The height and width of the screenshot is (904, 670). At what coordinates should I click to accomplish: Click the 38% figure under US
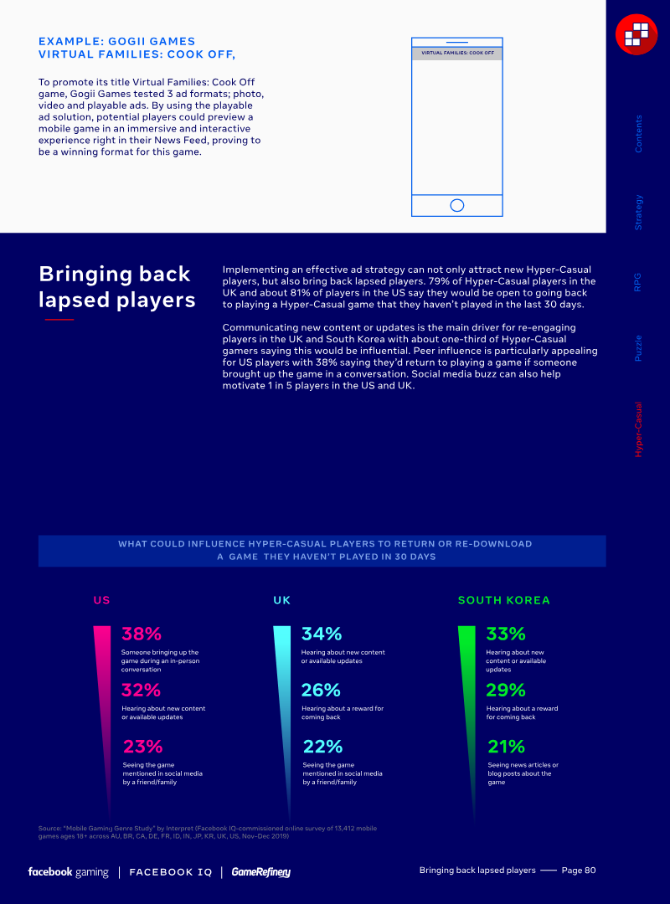[x=142, y=634]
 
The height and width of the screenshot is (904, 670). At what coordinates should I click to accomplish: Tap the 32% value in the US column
[x=141, y=690]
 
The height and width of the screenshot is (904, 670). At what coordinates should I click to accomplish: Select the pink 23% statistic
[x=142, y=746]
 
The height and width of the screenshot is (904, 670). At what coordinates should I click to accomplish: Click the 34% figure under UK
[x=322, y=634]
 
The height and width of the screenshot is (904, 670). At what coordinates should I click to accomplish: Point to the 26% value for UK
[x=321, y=690]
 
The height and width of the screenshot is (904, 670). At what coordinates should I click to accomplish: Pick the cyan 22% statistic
[x=322, y=746]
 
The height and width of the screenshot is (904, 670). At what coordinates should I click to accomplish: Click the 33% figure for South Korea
[x=506, y=634]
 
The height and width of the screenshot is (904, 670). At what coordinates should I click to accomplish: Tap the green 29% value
[x=506, y=690]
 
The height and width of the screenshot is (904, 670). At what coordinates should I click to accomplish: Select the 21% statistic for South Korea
[x=507, y=746]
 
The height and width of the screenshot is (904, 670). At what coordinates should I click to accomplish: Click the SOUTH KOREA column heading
[x=504, y=600]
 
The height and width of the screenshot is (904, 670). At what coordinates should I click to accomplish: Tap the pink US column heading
[x=101, y=600]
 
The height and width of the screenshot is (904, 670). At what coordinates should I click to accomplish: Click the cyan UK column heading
[x=282, y=600]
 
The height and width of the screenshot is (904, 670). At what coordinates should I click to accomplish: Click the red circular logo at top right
[x=636, y=33]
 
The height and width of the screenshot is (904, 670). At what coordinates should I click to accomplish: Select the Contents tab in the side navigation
[x=639, y=133]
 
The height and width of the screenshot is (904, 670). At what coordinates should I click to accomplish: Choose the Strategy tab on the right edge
[x=639, y=213]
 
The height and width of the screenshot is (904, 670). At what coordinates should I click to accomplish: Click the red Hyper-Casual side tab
[x=639, y=429]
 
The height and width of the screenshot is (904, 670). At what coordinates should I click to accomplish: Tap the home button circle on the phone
[x=457, y=205]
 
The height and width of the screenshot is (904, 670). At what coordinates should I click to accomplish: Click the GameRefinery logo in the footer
[x=261, y=872]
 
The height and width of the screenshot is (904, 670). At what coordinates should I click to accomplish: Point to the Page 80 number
[x=579, y=871]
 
